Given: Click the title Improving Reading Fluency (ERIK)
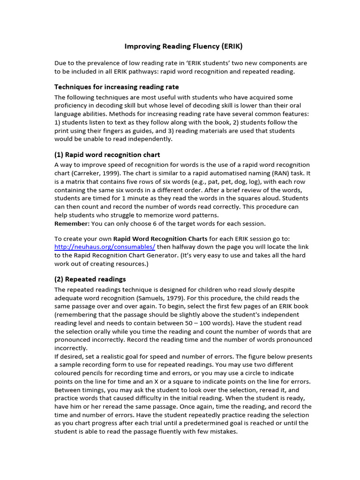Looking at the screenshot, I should pos(183,46).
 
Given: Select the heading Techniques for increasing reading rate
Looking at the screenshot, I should pos(116,87).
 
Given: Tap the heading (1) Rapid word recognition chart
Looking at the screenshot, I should pos(107,155).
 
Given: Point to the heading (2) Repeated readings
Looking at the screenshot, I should pos(90,279).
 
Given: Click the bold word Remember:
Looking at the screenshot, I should pos(72,223).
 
